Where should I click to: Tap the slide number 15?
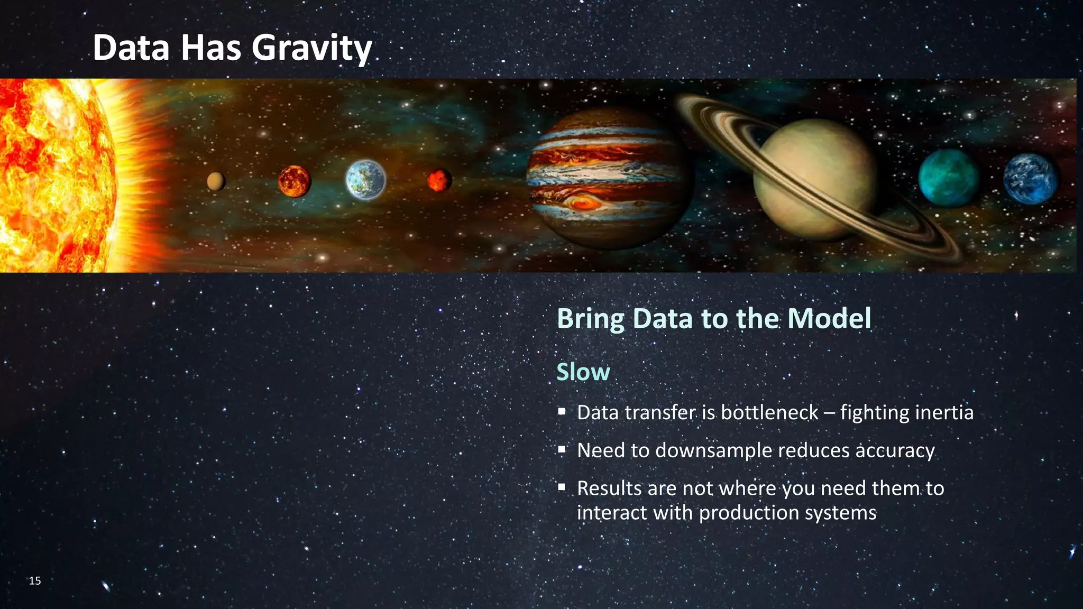35,580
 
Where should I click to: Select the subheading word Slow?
583,372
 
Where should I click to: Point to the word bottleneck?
769,412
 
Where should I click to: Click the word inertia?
944,412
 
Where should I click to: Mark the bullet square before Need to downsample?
562,449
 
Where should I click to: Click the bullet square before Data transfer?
562,411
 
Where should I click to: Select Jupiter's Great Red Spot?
582,202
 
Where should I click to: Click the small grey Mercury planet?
216,181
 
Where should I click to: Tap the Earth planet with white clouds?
365,180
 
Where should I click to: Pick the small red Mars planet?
439,180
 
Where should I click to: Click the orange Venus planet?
295,181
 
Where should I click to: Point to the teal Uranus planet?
948,177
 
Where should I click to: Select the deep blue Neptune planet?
1030,179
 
